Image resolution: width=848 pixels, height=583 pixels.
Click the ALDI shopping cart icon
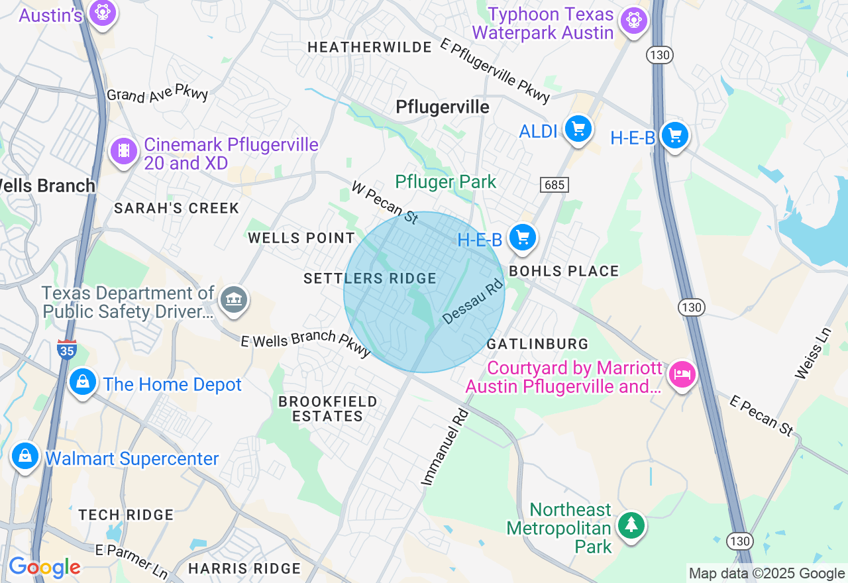tap(578, 129)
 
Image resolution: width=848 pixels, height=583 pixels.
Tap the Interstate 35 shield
tap(67, 349)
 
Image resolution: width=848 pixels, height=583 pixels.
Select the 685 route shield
tap(554, 184)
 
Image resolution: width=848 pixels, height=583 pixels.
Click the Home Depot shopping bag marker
tap(83, 382)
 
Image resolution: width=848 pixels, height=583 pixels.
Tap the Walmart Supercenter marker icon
tap(25, 456)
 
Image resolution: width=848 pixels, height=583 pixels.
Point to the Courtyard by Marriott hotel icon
tap(682, 375)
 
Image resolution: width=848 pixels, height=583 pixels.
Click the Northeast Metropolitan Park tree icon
tap(631, 525)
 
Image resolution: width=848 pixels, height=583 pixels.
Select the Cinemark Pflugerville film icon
tap(124, 151)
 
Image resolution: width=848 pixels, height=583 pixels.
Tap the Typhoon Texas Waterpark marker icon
tap(634, 21)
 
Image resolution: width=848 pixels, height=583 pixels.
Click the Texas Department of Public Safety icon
tap(233, 300)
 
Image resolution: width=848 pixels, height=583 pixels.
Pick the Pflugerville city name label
tap(442, 107)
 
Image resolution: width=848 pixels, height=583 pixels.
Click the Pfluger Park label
tap(445, 182)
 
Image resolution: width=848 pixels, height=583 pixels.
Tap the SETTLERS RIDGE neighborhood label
tap(370, 279)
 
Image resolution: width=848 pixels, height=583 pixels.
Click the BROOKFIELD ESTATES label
tap(327, 409)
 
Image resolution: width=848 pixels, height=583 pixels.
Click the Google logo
tap(44, 567)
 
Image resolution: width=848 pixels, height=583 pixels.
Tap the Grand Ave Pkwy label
tap(158, 95)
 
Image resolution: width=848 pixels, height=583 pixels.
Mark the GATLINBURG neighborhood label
tap(537, 344)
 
